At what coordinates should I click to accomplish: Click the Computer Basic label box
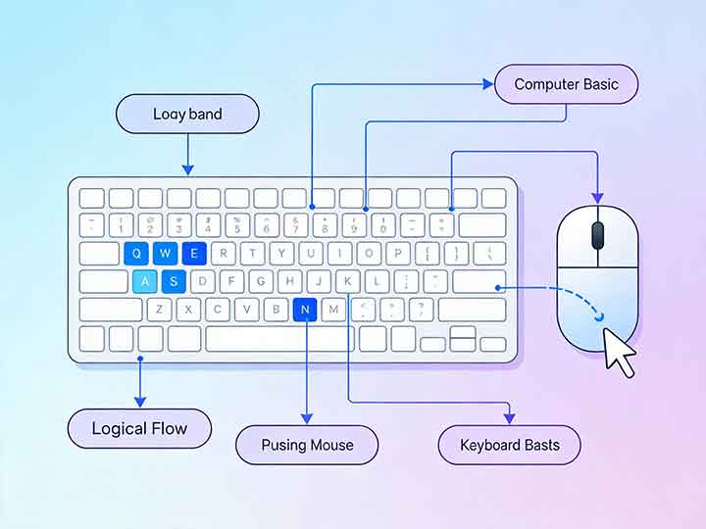click(x=567, y=84)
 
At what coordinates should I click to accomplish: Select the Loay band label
click(x=187, y=115)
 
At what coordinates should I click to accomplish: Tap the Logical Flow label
click(x=139, y=428)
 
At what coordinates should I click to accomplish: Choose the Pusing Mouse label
click(x=307, y=445)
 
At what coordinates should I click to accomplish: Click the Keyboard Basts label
click(x=509, y=445)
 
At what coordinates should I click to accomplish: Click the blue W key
click(x=166, y=254)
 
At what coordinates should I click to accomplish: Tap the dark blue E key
click(x=194, y=254)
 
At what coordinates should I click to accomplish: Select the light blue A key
click(x=145, y=282)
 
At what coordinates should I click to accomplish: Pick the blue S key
click(x=174, y=282)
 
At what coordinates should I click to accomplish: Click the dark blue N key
click(x=306, y=311)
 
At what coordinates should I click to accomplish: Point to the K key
click(x=348, y=282)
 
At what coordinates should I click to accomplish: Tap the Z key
click(x=160, y=311)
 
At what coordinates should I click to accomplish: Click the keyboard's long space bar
click(x=279, y=339)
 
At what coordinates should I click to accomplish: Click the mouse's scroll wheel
click(x=597, y=234)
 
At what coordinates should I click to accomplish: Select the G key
click(x=261, y=282)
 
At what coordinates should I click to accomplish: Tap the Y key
click(x=281, y=254)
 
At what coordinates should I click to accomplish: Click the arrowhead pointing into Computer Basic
click(x=488, y=85)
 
